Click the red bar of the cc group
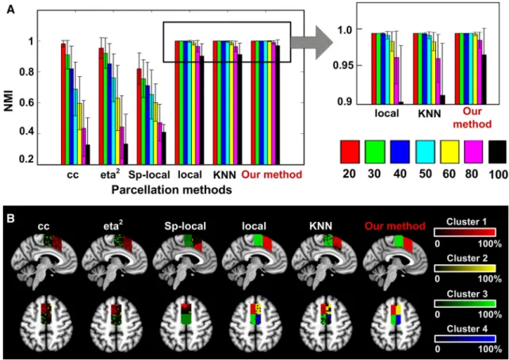(63, 104)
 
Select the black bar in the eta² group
(125, 154)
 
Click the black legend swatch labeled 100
(497, 152)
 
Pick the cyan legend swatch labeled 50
(425, 152)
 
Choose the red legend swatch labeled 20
(350, 152)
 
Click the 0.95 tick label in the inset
(344, 66)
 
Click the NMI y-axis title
(10, 101)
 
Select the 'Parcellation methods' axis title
(172, 190)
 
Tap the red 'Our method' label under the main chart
(272, 174)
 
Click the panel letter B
(11, 219)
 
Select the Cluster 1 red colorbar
(465, 232)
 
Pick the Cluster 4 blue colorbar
(465, 339)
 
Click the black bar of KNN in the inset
(442, 100)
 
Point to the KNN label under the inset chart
(429, 113)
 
